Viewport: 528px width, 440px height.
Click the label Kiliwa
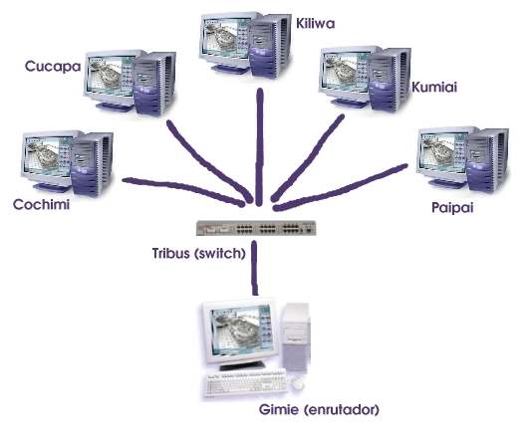tap(316, 23)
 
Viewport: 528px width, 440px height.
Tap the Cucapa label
tap(53, 67)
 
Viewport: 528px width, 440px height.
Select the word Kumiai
tap(434, 88)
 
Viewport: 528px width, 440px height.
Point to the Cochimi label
tap(42, 204)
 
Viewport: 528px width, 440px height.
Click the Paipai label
tap(452, 207)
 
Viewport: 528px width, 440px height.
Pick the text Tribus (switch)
tap(198, 253)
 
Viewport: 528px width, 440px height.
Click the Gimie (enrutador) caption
tap(319, 410)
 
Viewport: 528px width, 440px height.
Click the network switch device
tap(256, 228)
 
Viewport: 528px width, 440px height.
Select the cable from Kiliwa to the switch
tap(259, 147)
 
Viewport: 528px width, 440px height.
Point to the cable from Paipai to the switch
tap(340, 188)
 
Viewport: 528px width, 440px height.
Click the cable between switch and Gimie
tap(255, 268)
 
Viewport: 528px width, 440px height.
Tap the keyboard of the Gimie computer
tap(246, 382)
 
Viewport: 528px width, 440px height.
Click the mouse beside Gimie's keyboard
tap(298, 383)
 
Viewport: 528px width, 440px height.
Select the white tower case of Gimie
tap(296, 337)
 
